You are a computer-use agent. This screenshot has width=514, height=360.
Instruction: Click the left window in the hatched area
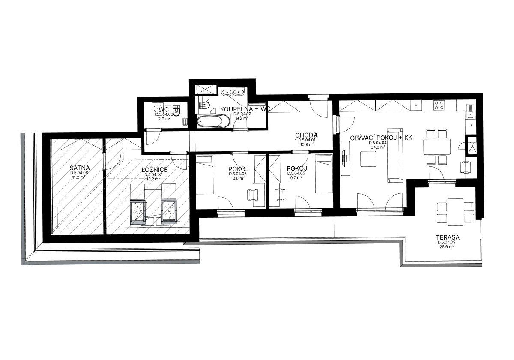coord(138,211)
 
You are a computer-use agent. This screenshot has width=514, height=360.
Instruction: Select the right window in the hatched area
coord(169,211)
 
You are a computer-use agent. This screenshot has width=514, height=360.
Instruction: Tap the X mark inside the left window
coord(140,210)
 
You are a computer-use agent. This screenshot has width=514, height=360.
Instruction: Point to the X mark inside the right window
coord(170,210)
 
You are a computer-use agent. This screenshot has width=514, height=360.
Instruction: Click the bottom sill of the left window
coord(138,222)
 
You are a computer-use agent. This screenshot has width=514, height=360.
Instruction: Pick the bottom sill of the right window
coord(169,222)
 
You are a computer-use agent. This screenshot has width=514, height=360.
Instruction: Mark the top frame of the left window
coord(138,201)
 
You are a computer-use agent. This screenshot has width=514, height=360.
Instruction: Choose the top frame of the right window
coord(169,201)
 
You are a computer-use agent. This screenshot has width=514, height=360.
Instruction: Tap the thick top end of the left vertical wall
coord(20,138)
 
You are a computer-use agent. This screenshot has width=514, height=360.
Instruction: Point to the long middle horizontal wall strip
coord(291,243)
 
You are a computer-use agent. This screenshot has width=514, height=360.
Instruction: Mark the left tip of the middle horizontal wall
coord(184,244)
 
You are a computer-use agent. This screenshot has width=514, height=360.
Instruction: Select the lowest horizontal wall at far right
coord(441,264)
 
